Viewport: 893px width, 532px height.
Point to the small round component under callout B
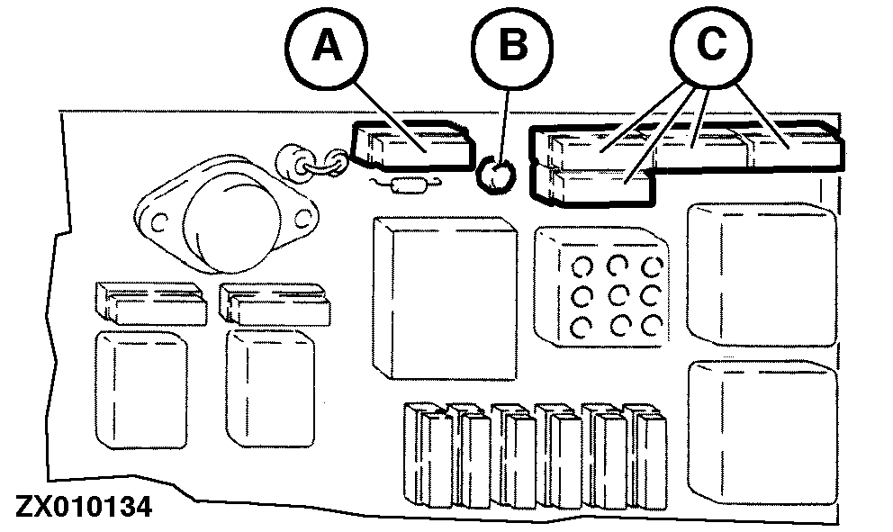(493, 172)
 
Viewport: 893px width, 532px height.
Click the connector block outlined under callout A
(412, 146)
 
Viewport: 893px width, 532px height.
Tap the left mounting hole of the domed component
(158, 219)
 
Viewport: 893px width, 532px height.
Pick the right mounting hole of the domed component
(301, 217)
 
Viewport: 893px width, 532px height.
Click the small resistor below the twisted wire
(407, 185)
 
